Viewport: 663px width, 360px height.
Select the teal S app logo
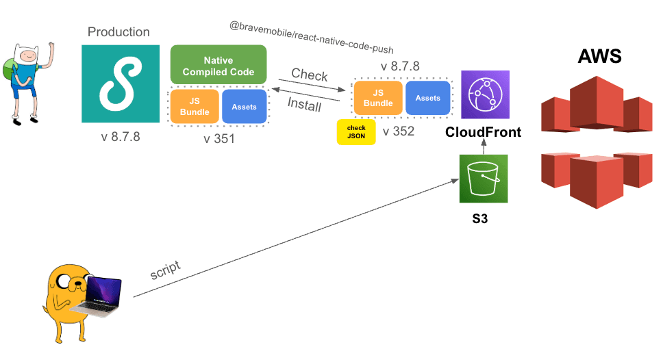[x=121, y=84]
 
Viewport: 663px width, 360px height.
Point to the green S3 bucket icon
[x=483, y=179]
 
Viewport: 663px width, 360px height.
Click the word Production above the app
[x=118, y=31]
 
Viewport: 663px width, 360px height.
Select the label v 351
[x=218, y=139]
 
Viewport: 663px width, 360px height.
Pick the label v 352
[x=399, y=131]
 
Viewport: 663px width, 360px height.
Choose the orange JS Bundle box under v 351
[x=194, y=107]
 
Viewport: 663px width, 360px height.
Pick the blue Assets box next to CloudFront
[x=428, y=98]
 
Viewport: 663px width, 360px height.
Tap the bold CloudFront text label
[x=483, y=132]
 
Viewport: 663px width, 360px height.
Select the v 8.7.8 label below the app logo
[x=121, y=136]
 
